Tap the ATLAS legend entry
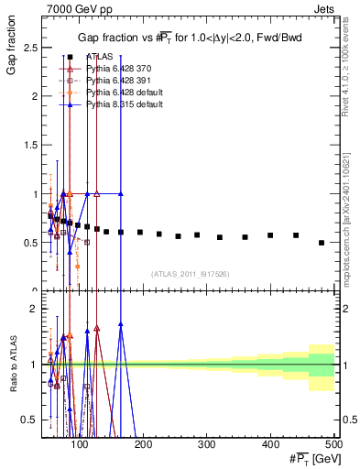coord(100,57)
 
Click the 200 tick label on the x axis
coord(143,444)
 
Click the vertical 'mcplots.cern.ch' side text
coord(352,183)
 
